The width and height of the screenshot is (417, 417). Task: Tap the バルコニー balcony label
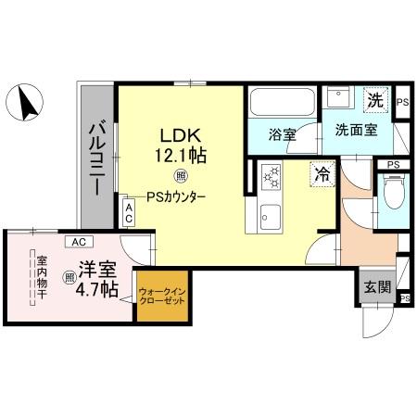click(x=96, y=159)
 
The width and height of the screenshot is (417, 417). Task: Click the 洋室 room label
click(x=96, y=270)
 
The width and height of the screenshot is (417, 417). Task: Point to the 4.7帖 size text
click(x=96, y=290)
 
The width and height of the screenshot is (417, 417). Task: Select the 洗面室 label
click(x=356, y=131)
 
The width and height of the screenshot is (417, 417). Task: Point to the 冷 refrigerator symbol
click(x=322, y=172)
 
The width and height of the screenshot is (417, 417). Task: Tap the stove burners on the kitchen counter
click(x=272, y=174)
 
